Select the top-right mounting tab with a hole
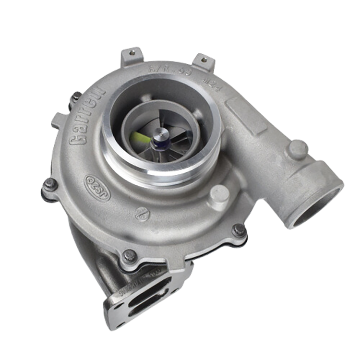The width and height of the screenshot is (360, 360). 203,60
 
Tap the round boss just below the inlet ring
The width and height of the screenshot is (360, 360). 219,195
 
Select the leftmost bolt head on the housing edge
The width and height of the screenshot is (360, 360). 50,184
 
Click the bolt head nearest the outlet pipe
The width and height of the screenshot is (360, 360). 239,230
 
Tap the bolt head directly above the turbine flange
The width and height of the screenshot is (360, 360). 129,256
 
